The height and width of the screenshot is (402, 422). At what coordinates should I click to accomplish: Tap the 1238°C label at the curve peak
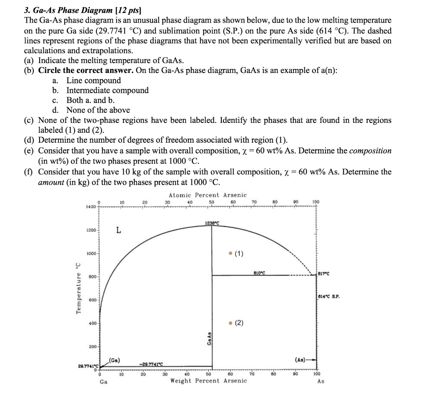pyautogui.click(x=212, y=223)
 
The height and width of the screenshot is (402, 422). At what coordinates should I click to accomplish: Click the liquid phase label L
pyautogui.click(x=118, y=231)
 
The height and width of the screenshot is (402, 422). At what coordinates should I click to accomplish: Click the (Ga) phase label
pyautogui.click(x=115, y=360)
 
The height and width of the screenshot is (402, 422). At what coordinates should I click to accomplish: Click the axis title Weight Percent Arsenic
pyautogui.click(x=209, y=381)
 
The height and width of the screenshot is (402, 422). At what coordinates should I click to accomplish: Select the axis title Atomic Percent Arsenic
pyautogui.click(x=208, y=195)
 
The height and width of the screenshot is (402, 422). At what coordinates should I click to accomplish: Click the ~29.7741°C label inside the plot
pyautogui.click(x=152, y=363)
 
